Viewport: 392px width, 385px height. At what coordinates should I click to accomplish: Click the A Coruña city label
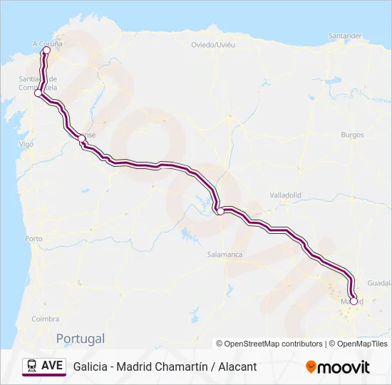coord(48,43)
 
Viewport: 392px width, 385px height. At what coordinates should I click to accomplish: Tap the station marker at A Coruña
coord(46,51)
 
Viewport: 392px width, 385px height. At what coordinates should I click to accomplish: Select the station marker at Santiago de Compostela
coord(38,93)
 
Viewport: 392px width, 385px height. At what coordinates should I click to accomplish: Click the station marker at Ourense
coord(81,140)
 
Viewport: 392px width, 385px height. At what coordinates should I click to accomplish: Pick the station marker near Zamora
coord(221,210)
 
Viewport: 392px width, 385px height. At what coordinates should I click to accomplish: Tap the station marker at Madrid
coord(354,301)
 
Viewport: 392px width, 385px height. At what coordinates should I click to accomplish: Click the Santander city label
coord(346,36)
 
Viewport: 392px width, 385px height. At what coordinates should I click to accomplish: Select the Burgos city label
coord(352,135)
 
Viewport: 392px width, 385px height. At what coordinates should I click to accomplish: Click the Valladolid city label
coord(286,195)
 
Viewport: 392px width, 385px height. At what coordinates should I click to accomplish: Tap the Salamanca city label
coord(225,255)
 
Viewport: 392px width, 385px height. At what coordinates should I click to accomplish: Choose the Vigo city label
coord(26,144)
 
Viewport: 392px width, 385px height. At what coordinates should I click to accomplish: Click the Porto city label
coord(33,239)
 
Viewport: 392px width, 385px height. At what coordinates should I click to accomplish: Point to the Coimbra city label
coord(46,319)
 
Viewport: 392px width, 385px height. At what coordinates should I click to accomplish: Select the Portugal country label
coord(81,339)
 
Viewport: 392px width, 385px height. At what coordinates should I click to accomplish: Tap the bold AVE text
coord(53,366)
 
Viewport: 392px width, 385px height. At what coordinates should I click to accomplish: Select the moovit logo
coord(338,367)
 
